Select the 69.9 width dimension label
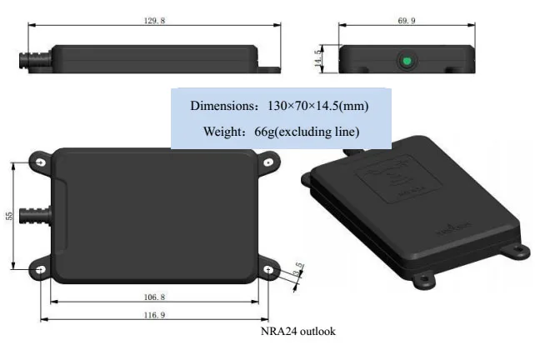(x=407, y=18)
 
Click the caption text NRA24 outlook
(x=298, y=332)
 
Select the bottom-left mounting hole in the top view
(x=39, y=268)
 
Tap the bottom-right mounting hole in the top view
(x=267, y=268)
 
